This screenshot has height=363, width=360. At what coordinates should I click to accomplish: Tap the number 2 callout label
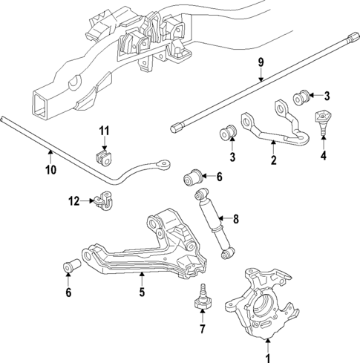(273, 158)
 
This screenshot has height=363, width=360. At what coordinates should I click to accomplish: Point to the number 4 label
(323, 155)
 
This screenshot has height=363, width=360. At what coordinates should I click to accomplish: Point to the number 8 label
(236, 219)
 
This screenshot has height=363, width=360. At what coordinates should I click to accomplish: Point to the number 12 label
(73, 201)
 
